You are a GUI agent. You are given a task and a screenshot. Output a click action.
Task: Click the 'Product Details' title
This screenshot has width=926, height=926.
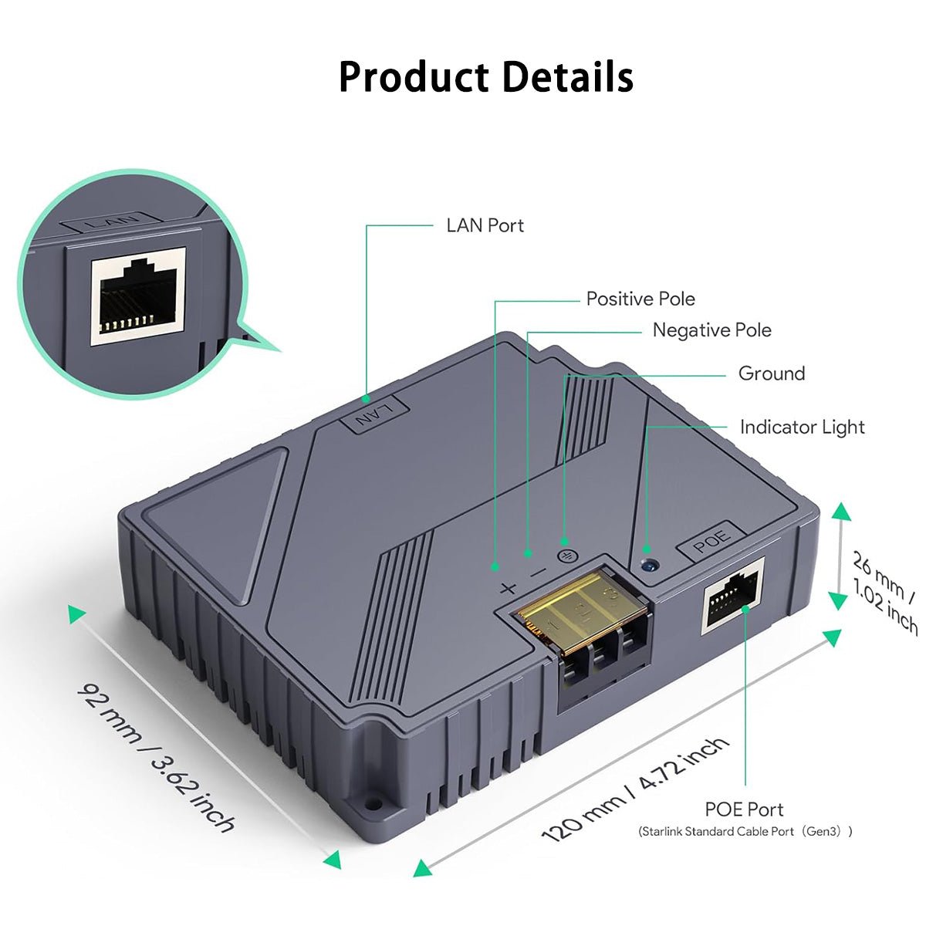click(485, 77)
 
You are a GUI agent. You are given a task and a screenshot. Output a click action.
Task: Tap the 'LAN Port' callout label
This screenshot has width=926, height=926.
click(485, 225)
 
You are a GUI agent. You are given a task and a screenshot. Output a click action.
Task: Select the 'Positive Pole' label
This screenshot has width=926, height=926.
click(640, 299)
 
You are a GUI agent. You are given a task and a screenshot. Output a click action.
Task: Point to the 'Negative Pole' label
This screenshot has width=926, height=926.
click(711, 330)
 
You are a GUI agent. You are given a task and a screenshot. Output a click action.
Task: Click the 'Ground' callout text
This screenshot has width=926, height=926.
click(771, 373)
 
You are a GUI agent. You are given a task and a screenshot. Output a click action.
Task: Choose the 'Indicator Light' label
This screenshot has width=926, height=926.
click(802, 427)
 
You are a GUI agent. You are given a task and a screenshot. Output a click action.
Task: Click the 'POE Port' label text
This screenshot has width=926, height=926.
click(744, 809)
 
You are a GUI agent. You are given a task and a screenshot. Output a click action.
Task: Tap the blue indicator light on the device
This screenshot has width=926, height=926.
click(650, 565)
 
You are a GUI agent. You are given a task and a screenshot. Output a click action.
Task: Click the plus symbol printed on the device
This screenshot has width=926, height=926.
click(507, 588)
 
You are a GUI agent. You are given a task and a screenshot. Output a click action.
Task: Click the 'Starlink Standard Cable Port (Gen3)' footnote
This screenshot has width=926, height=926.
click(745, 832)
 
